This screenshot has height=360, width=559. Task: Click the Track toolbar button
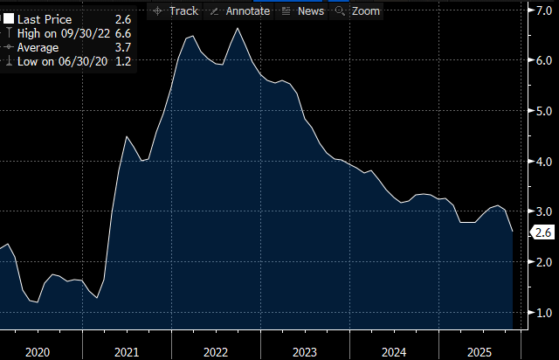tap(176, 10)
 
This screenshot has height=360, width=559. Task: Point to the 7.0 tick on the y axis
tap(542, 10)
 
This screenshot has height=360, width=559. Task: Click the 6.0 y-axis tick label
tap(542, 60)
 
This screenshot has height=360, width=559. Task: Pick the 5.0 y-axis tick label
tap(542, 111)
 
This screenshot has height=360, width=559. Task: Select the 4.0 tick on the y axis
tap(542, 162)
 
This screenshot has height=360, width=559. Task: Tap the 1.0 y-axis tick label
tap(542, 313)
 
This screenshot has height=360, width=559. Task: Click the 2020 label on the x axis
tap(38, 351)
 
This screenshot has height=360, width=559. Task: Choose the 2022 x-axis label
tap(215, 351)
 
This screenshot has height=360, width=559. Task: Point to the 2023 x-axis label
tap(303, 351)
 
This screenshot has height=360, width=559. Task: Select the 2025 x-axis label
tap(480, 351)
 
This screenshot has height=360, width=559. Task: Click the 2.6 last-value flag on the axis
tap(542, 232)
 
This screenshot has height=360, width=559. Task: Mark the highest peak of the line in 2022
tap(238, 29)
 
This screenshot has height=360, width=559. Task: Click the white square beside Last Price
tap(9, 18)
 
